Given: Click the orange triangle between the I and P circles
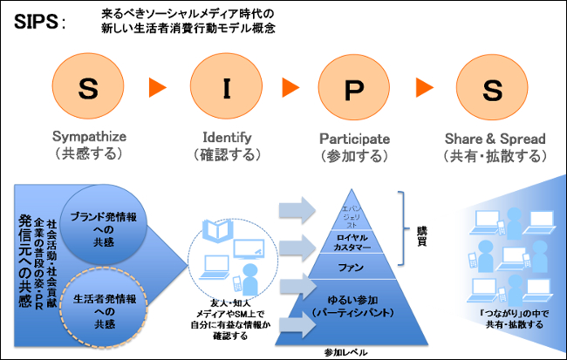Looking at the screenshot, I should pos(290,88).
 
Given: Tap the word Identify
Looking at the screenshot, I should pos(226,139).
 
